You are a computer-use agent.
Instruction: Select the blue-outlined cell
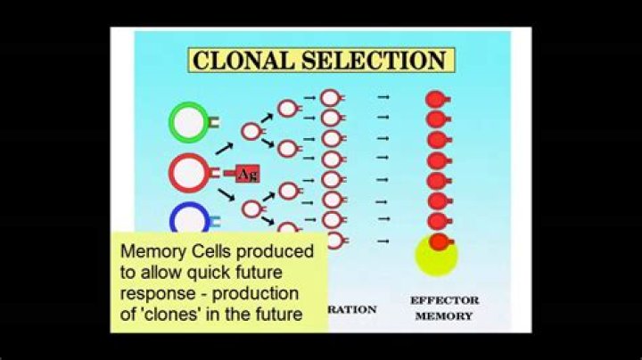click(x=189, y=219)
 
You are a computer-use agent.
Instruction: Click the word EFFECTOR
click(x=444, y=300)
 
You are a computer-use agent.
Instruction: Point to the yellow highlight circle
click(x=436, y=257)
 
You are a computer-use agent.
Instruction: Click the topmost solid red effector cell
click(x=435, y=99)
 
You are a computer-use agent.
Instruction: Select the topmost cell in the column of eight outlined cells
click(x=330, y=98)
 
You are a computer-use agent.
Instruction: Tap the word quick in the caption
click(x=226, y=272)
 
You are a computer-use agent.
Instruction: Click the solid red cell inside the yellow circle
click(x=436, y=241)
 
